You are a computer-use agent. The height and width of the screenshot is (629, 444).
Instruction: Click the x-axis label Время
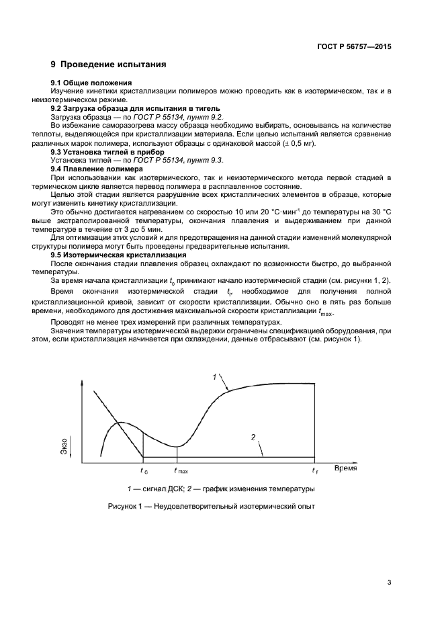[x=346, y=468]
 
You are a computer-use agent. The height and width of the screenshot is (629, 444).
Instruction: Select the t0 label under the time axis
[x=144, y=471]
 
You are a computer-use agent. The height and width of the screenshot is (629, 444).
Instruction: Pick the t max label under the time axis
[x=181, y=471]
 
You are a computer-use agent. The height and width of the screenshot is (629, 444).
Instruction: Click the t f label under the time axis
[x=316, y=471]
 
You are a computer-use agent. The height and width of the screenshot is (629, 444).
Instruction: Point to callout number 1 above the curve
[x=215, y=377]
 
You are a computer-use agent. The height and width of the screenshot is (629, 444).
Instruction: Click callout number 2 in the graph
[x=253, y=437]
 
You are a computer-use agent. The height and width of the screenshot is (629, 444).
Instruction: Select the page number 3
[x=389, y=583]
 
